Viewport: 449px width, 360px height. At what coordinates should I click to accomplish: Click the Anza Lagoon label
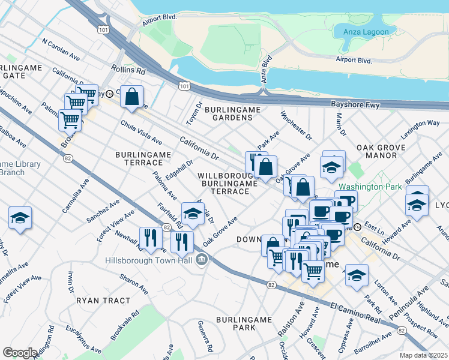point(366,32)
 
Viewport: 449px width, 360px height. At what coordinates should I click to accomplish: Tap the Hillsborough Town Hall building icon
point(202,260)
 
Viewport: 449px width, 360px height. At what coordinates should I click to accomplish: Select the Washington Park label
point(370,187)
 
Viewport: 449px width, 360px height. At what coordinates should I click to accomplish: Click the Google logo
point(20,352)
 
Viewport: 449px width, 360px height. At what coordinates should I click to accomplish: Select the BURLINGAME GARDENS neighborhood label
point(229,113)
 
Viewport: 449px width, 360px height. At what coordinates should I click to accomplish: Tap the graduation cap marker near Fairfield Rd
point(192,214)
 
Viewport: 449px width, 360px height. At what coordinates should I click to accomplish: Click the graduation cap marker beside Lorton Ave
point(357,275)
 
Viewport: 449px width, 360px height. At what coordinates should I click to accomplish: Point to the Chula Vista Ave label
point(141,132)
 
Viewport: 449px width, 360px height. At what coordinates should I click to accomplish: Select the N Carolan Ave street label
point(61,49)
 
